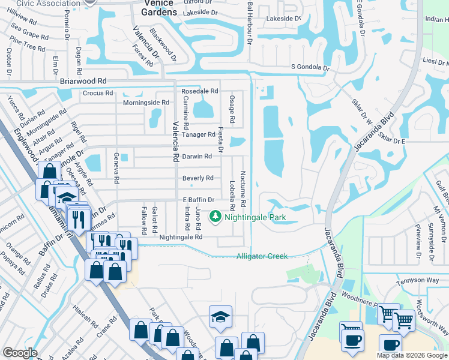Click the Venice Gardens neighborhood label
159,8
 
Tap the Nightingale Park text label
255,217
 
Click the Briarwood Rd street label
83,80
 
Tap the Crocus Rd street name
98,93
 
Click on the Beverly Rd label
198,178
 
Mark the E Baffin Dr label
198,200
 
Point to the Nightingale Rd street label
181,237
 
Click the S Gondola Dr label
310,68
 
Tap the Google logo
20,353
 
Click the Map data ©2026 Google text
412,355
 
